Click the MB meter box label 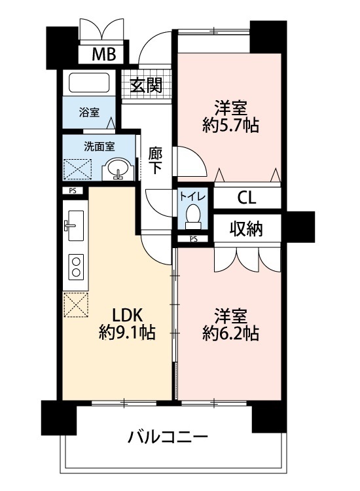[x=104, y=54]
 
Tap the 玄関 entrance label [x=146, y=85]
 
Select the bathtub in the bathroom [x=89, y=82]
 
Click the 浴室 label [x=89, y=112]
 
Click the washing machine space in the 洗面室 [x=78, y=170]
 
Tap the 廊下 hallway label [x=155, y=160]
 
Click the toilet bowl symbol [x=192, y=217]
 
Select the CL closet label [x=247, y=198]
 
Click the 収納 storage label [x=246, y=229]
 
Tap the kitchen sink [x=75, y=225]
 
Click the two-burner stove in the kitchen [x=76, y=266]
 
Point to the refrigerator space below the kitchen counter [x=76, y=304]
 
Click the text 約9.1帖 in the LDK [x=127, y=333]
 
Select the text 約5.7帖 [x=230, y=126]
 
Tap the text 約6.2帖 [x=230, y=333]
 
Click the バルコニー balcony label [x=168, y=437]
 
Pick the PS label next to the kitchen [x=73, y=191]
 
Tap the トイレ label [x=192, y=196]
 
